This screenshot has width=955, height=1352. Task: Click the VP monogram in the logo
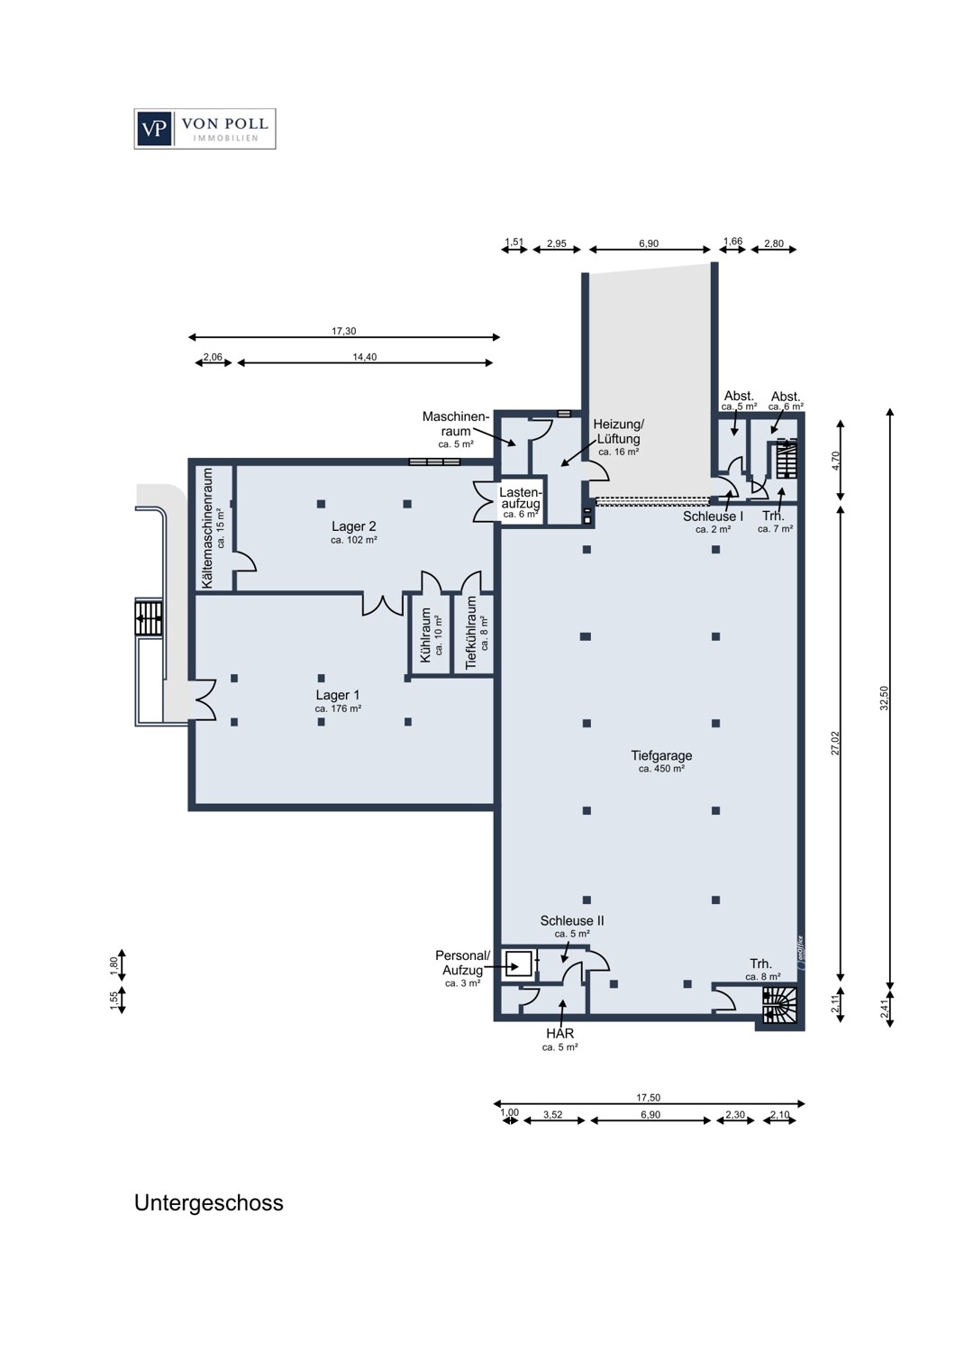tap(154, 129)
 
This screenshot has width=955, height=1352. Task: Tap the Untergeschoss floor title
tap(209, 1203)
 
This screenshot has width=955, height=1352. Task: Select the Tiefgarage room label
tap(661, 755)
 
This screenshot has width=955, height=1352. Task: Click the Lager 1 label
tap(337, 695)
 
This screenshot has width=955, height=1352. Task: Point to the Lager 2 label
tap(353, 525)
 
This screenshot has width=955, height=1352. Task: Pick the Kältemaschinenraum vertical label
tap(208, 528)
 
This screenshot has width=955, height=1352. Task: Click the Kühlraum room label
tap(426, 635)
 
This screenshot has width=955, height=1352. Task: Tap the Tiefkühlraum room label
tap(471, 632)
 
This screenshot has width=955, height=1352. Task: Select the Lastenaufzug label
tap(520, 498)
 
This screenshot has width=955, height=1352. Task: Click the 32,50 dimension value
tap(885, 698)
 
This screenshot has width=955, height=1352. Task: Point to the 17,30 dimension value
tap(344, 331)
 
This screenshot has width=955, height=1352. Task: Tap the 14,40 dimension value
tap(364, 357)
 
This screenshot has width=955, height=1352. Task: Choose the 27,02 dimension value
tap(835, 743)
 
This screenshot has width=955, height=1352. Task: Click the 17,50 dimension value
tap(649, 1098)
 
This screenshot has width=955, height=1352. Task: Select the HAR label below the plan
tap(560, 1033)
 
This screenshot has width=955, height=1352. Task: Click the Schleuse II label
tap(572, 920)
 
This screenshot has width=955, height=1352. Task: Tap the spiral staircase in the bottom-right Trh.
tap(779, 1005)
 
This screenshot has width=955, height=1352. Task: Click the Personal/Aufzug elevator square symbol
tap(519, 964)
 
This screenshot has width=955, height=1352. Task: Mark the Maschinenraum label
tap(456, 424)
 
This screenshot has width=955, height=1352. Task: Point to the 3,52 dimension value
tap(552, 1115)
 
